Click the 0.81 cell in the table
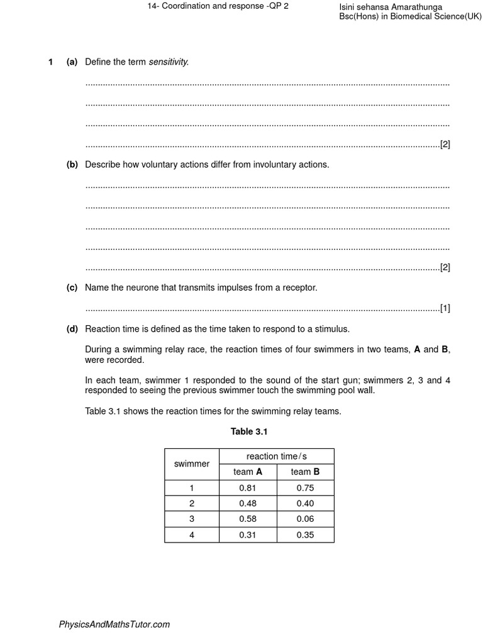coord(247,488)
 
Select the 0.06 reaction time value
coord(305,519)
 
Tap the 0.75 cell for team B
coord(305,488)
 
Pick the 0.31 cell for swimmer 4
coord(247,535)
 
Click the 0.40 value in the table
coord(305,504)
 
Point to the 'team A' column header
coord(248,472)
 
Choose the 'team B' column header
coord(305,472)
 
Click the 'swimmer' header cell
coord(192,464)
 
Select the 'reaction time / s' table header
coord(277,457)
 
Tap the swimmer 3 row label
coord(192,519)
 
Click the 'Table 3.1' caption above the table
coord(249,431)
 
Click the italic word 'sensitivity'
coord(168,62)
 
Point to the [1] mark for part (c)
coord(445,308)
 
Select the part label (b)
coord(72,165)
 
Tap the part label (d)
coord(72,329)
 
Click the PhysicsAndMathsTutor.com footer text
coord(114,624)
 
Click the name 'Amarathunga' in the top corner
coord(414,7)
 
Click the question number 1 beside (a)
coord(50,62)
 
